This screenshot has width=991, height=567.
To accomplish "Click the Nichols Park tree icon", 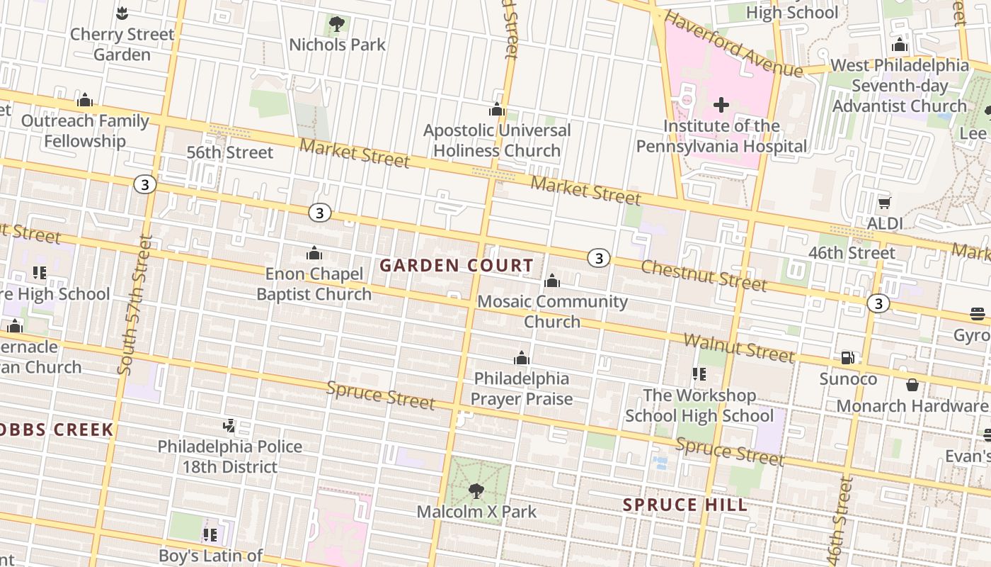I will tap(337, 24).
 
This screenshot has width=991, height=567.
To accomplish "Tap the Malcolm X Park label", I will tap(476, 512).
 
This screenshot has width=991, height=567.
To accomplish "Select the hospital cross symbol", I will tap(721, 106).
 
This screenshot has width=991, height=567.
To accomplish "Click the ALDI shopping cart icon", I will tap(884, 203).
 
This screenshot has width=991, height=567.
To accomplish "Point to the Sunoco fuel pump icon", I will tap(847, 358).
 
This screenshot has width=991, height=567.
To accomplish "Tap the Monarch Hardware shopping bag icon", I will tap(912, 385).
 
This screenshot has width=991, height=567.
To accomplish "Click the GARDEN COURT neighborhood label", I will tap(457, 266).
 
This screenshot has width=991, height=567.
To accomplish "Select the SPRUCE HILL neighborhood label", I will tap(684, 505).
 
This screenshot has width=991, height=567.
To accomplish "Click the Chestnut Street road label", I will tap(704, 276).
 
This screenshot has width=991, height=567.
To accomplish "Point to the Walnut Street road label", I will tap(738, 347).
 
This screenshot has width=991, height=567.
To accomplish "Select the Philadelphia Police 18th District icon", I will tap(229, 426).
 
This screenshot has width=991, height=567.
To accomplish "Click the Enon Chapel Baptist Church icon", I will tap(314, 253).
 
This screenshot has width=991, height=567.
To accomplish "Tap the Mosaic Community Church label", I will tap(552, 311).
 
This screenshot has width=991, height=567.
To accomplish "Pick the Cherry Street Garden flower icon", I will tap(122, 13).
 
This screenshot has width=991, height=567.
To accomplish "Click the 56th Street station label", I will tap(229, 152).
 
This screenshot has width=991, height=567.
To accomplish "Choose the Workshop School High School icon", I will tap(699, 374).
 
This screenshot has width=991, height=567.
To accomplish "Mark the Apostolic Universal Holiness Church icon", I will tap(497, 110).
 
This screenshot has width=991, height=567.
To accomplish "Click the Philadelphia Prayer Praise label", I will tap(522, 388).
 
